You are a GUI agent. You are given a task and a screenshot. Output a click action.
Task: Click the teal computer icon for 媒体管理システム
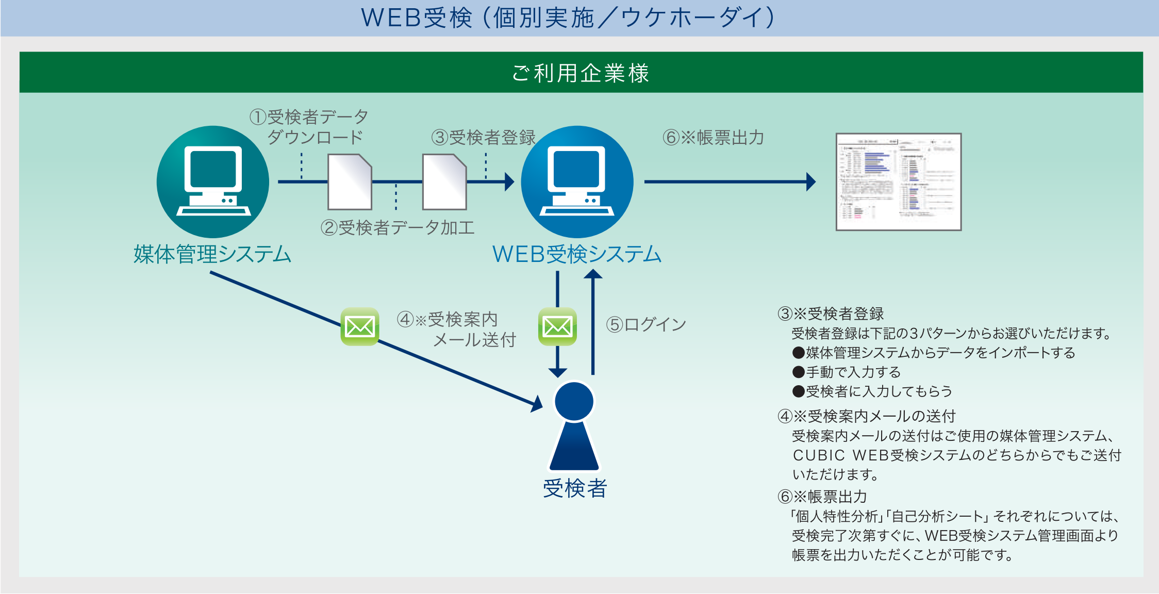(x=213, y=181)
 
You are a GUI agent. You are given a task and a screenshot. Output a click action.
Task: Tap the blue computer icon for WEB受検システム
(x=577, y=181)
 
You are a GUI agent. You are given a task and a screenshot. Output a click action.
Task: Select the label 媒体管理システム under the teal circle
(x=212, y=254)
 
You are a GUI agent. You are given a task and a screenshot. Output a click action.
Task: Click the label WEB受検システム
(x=577, y=254)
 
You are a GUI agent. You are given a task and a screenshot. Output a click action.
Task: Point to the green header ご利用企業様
(x=581, y=73)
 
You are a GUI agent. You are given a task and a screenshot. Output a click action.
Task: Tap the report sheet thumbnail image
(x=898, y=181)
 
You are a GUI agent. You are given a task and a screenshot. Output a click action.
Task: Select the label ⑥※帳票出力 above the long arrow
(x=713, y=138)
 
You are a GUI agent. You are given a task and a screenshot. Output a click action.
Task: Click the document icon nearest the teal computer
(x=350, y=182)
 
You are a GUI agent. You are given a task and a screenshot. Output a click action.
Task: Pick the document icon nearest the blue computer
(x=444, y=182)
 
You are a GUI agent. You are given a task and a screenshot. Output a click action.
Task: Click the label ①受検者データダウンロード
(x=309, y=127)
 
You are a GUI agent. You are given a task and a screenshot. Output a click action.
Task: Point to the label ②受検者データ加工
(x=398, y=227)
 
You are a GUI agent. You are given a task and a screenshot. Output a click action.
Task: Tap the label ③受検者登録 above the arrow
(x=483, y=137)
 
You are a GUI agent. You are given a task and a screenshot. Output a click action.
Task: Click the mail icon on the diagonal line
(x=359, y=326)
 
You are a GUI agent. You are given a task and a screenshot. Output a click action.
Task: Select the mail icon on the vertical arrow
(x=557, y=326)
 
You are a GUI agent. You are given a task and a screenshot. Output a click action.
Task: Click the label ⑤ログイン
(x=646, y=324)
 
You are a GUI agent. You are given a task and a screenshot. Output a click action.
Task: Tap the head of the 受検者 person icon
(x=574, y=402)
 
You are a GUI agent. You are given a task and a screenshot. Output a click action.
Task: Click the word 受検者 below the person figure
(x=575, y=488)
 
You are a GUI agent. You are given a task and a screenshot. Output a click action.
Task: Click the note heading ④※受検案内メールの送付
(x=867, y=416)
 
